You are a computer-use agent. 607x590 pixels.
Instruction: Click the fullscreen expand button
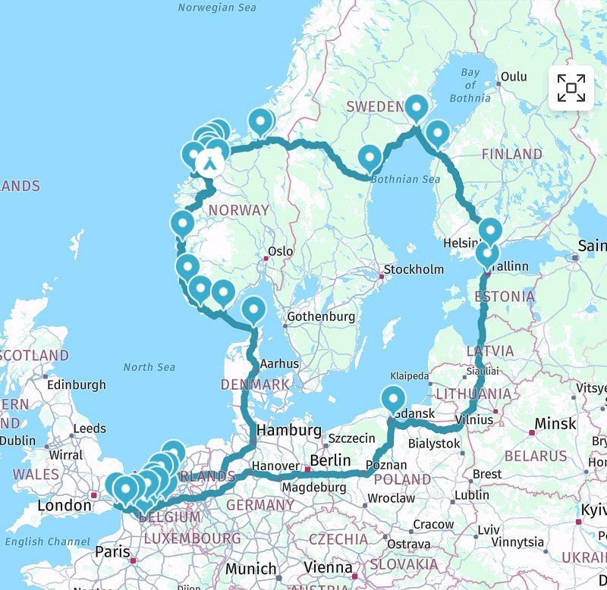[x=571, y=88]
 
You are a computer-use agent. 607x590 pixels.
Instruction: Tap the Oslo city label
[x=280, y=252]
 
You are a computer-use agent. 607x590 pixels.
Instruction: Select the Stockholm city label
[x=414, y=269]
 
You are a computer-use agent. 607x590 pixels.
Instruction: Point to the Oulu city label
[x=513, y=77]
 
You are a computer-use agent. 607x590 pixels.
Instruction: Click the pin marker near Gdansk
[x=393, y=398]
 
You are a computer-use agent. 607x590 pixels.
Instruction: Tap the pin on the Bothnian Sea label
[x=370, y=158]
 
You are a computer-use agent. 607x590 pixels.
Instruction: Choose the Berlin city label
[x=330, y=460]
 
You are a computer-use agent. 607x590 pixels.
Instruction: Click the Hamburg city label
[x=288, y=430]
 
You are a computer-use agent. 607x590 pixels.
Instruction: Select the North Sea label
[x=149, y=367]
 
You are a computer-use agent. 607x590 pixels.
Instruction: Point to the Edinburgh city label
[x=76, y=384]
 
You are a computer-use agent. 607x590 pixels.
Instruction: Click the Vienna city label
[x=328, y=567]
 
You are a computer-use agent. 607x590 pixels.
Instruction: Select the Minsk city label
[x=555, y=423]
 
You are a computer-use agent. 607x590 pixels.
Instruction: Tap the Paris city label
[x=112, y=551]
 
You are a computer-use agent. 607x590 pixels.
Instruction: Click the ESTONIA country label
[x=505, y=296]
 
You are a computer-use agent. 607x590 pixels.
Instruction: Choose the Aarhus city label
[x=279, y=363]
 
